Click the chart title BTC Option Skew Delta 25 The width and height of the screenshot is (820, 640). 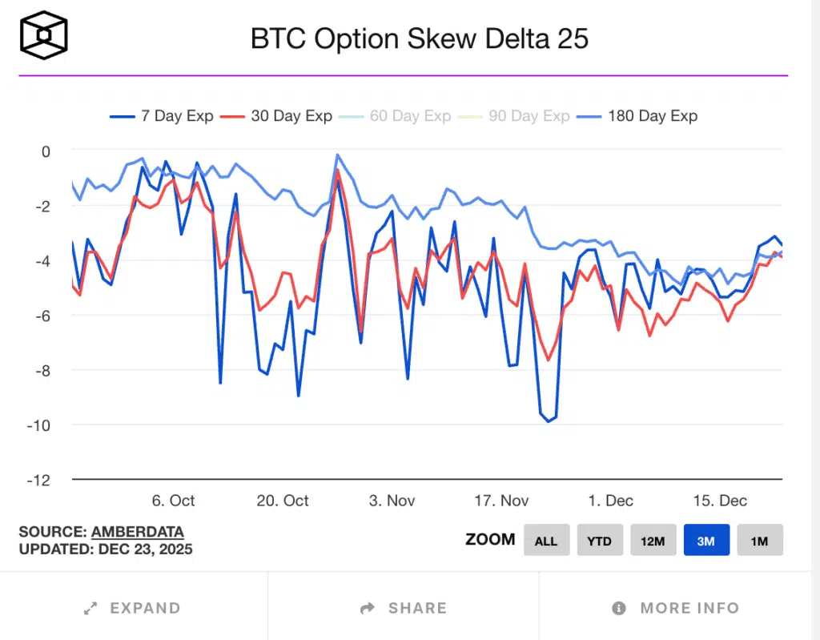tap(420, 38)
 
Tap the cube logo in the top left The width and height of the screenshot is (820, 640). tap(44, 36)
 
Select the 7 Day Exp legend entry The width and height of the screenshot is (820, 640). tap(162, 116)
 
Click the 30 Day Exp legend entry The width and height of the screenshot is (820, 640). tap(277, 116)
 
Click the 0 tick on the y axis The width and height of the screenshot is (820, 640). tap(45, 151)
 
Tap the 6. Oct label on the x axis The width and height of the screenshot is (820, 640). tap(173, 501)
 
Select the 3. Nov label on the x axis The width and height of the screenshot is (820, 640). tap(392, 501)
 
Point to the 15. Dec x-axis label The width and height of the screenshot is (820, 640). tap(720, 501)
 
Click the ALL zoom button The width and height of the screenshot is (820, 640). tap(546, 541)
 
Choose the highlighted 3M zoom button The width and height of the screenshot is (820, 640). tap(706, 541)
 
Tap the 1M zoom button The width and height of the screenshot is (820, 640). tap(759, 541)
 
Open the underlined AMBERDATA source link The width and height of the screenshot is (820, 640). tap(138, 532)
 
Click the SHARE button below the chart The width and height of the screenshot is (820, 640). tap(404, 608)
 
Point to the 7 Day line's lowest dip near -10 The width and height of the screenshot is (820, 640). tap(549, 421)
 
